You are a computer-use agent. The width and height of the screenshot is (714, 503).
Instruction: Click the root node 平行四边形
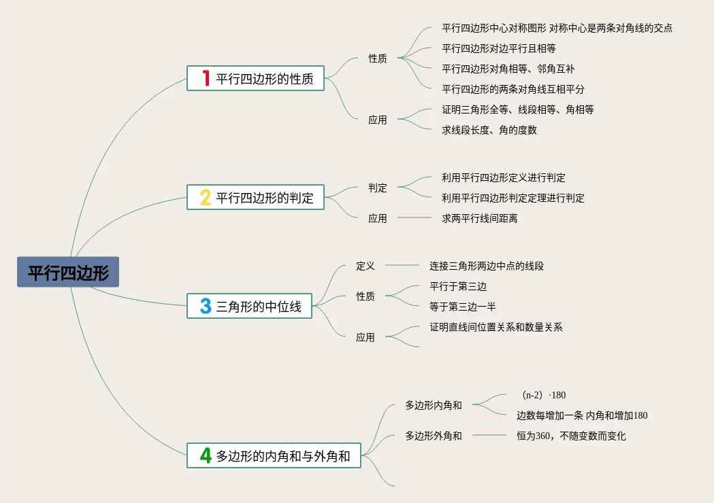tap(68, 272)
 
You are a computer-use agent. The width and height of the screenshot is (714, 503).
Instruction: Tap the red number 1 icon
tap(206, 78)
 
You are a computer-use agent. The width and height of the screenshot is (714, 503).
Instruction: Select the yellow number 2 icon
tap(206, 197)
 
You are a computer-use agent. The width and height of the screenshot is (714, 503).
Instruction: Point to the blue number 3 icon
tap(206, 306)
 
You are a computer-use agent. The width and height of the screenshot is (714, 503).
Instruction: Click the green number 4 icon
tap(206, 455)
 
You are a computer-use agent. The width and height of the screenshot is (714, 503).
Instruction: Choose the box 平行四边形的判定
tap(256, 197)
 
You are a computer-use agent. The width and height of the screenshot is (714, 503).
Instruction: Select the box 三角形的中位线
tap(250, 306)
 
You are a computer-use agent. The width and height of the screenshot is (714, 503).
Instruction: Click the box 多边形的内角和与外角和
tap(274, 455)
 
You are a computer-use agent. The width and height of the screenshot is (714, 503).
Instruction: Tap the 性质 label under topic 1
tap(378, 58)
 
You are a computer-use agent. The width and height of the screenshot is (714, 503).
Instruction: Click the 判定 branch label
tap(378, 188)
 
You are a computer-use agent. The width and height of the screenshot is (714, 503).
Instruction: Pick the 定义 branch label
tap(366, 266)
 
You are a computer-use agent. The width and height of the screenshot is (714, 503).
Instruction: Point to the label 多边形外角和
tap(434, 436)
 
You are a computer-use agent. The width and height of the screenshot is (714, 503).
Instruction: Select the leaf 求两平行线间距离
tap(480, 218)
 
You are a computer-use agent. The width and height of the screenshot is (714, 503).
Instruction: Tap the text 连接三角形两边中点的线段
tap(487, 266)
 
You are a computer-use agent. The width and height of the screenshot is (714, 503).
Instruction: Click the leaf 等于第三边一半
tap(463, 307)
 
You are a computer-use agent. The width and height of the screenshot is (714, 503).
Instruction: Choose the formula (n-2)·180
tap(542, 395)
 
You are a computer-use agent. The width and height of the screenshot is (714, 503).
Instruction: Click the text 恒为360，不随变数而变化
tap(571, 436)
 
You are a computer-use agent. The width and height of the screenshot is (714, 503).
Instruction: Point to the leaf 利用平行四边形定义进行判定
tap(504, 177)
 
